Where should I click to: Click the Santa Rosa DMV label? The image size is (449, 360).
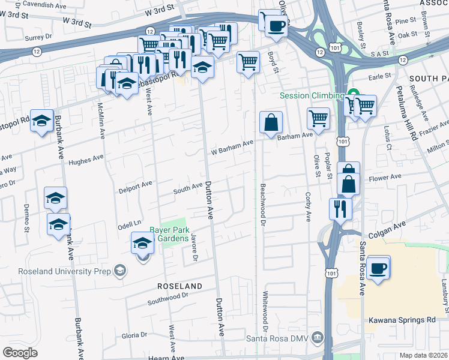coord(277,338)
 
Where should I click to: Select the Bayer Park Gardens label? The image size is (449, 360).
coord(169,235)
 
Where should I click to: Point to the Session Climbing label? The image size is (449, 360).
coord(310,96)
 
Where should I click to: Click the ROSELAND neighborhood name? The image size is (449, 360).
coord(179,286)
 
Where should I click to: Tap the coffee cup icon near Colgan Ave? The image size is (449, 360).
coord(378,268)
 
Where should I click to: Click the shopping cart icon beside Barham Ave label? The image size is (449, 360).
coord(318,118)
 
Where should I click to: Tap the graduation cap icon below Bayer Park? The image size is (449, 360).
coord(142,244)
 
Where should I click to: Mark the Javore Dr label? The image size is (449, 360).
coord(194,248)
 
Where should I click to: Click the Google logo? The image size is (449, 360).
coord(20,353)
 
